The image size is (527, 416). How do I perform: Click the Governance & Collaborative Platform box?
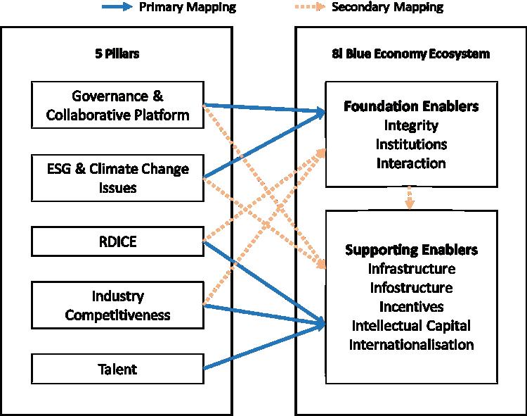click(117, 106)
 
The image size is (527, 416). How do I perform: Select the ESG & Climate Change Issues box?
click(117, 178)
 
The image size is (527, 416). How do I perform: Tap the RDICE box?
click(117, 242)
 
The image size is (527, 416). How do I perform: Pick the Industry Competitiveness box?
click(117, 305)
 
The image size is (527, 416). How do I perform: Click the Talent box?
click(117, 369)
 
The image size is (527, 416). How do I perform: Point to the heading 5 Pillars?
click(117, 54)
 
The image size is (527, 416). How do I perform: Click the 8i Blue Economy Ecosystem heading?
click(410, 54)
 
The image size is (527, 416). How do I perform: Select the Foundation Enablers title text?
click(411, 107)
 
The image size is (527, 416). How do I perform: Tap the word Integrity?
click(411, 126)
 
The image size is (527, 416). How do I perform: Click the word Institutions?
click(411, 145)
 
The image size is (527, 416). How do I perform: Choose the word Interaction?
click(411, 163)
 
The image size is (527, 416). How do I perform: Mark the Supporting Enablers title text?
click(411, 251)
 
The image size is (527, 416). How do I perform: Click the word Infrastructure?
click(411, 269)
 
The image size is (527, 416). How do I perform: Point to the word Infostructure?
click(411, 288)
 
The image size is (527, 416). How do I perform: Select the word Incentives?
click(411, 307)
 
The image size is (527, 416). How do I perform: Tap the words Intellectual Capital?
click(411, 326)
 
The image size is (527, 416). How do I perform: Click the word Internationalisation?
click(411, 345)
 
